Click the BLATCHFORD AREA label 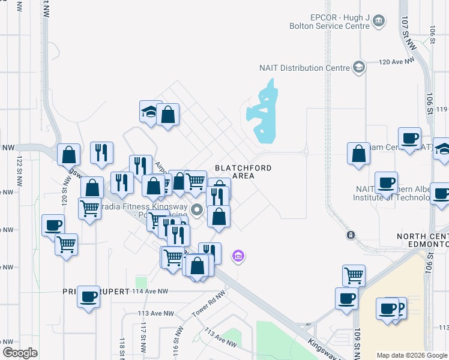pyautogui.click(x=243, y=172)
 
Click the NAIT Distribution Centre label pyautogui.click(x=304, y=68)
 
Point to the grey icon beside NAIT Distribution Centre pyautogui.click(x=359, y=66)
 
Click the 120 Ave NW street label pyautogui.click(x=397, y=62)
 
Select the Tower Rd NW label pyautogui.click(x=208, y=305)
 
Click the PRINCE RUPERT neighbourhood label pyautogui.click(x=96, y=292)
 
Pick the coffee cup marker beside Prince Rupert pyautogui.click(x=89, y=297)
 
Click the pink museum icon pyautogui.click(x=238, y=257)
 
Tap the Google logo pyautogui.click(x=20, y=353)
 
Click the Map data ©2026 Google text pyautogui.click(x=412, y=355)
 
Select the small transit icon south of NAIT pyautogui.click(x=351, y=235)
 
